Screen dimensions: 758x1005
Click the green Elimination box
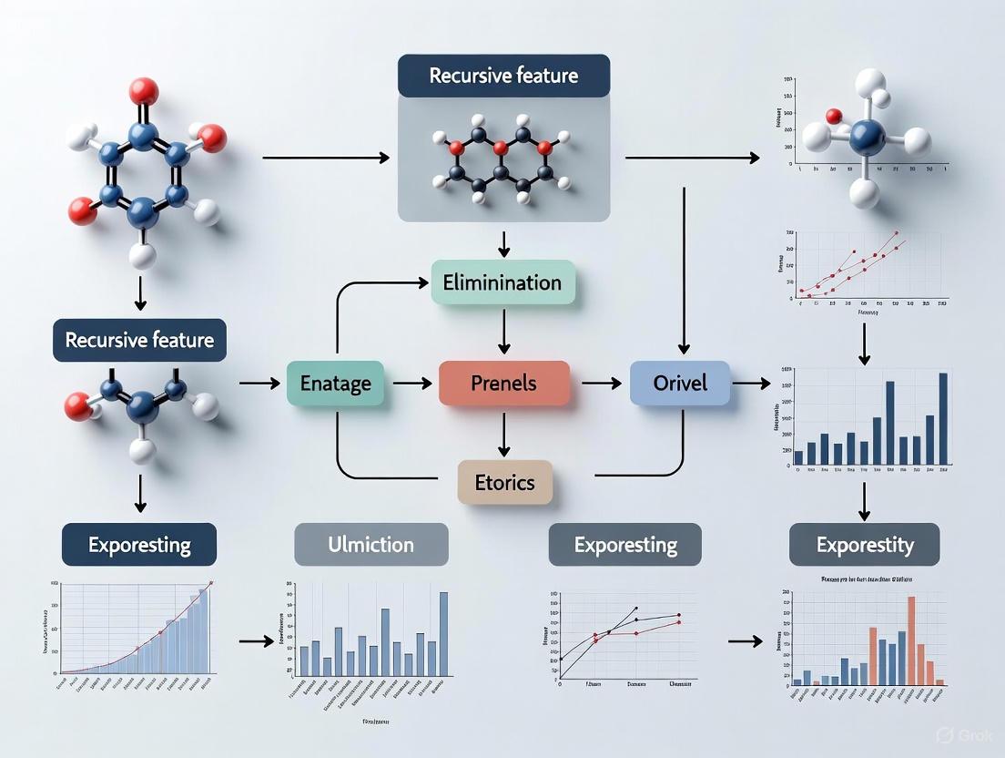[x=502, y=282]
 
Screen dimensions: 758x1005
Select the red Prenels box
[x=503, y=383]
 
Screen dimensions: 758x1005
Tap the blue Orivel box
[x=680, y=383]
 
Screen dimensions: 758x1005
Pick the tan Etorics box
[x=504, y=482]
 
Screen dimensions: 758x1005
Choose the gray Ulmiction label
[x=371, y=545]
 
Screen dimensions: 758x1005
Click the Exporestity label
[x=864, y=545]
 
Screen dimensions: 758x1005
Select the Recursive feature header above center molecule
[x=503, y=76]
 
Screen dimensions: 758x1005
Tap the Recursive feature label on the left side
[x=139, y=341]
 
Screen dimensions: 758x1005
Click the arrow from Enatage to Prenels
[x=412, y=384]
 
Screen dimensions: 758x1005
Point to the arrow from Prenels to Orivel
[x=601, y=384]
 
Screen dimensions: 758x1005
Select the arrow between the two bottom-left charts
[x=256, y=641]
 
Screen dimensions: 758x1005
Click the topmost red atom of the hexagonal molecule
[x=143, y=91]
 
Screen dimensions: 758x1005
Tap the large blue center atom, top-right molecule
[x=867, y=139]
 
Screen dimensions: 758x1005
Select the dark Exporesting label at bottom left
[x=139, y=545]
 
